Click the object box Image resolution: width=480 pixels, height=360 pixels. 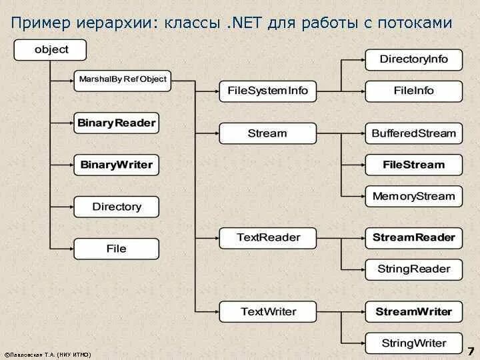click(51, 50)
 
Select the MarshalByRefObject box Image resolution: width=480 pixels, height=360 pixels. click(122, 80)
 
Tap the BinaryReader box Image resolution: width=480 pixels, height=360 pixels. click(117, 123)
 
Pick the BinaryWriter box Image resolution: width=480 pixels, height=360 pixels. click(117, 165)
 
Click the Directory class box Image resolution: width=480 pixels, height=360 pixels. click(117, 207)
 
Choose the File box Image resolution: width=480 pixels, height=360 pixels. click(117, 249)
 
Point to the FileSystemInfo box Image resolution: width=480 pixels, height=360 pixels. click(268, 91)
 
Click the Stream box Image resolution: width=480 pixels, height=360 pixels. click(268, 133)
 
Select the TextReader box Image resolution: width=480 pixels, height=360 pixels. click(268, 237)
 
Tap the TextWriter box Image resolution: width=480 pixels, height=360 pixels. click(268, 311)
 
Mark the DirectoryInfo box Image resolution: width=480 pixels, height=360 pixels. click(413, 59)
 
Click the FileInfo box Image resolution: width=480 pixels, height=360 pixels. click(413, 91)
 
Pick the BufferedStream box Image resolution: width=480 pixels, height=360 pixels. click(413, 133)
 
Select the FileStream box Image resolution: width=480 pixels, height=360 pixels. click(413, 165)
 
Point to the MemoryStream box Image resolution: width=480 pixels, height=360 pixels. click(413, 196)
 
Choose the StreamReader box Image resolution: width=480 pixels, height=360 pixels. click(413, 237)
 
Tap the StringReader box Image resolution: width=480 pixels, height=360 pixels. click(413, 269)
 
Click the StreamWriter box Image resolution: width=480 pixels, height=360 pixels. click(413, 311)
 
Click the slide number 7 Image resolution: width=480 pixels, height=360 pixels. click(470, 351)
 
